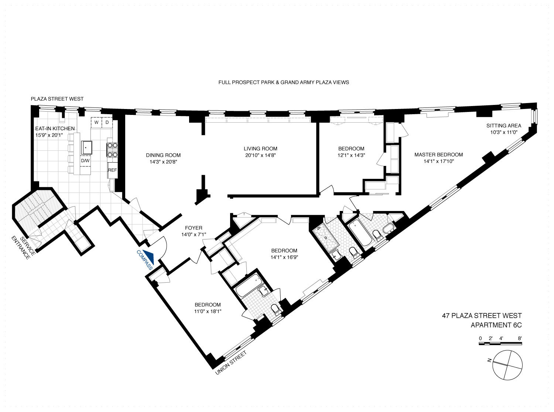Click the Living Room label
tap(257, 149)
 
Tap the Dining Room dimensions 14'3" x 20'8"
tap(163, 161)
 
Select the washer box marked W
tap(96, 122)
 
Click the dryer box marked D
tap(107, 122)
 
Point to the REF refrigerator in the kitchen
tap(112, 170)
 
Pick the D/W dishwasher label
tap(85, 161)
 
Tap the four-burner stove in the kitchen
tap(112, 151)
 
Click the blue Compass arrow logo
tap(149, 256)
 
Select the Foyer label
tap(191, 228)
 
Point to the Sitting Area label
tap(503, 126)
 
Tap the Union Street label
tap(230, 363)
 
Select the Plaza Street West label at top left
tap(57, 99)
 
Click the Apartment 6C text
tap(496, 325)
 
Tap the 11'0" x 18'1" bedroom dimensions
tap(208, 311)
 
